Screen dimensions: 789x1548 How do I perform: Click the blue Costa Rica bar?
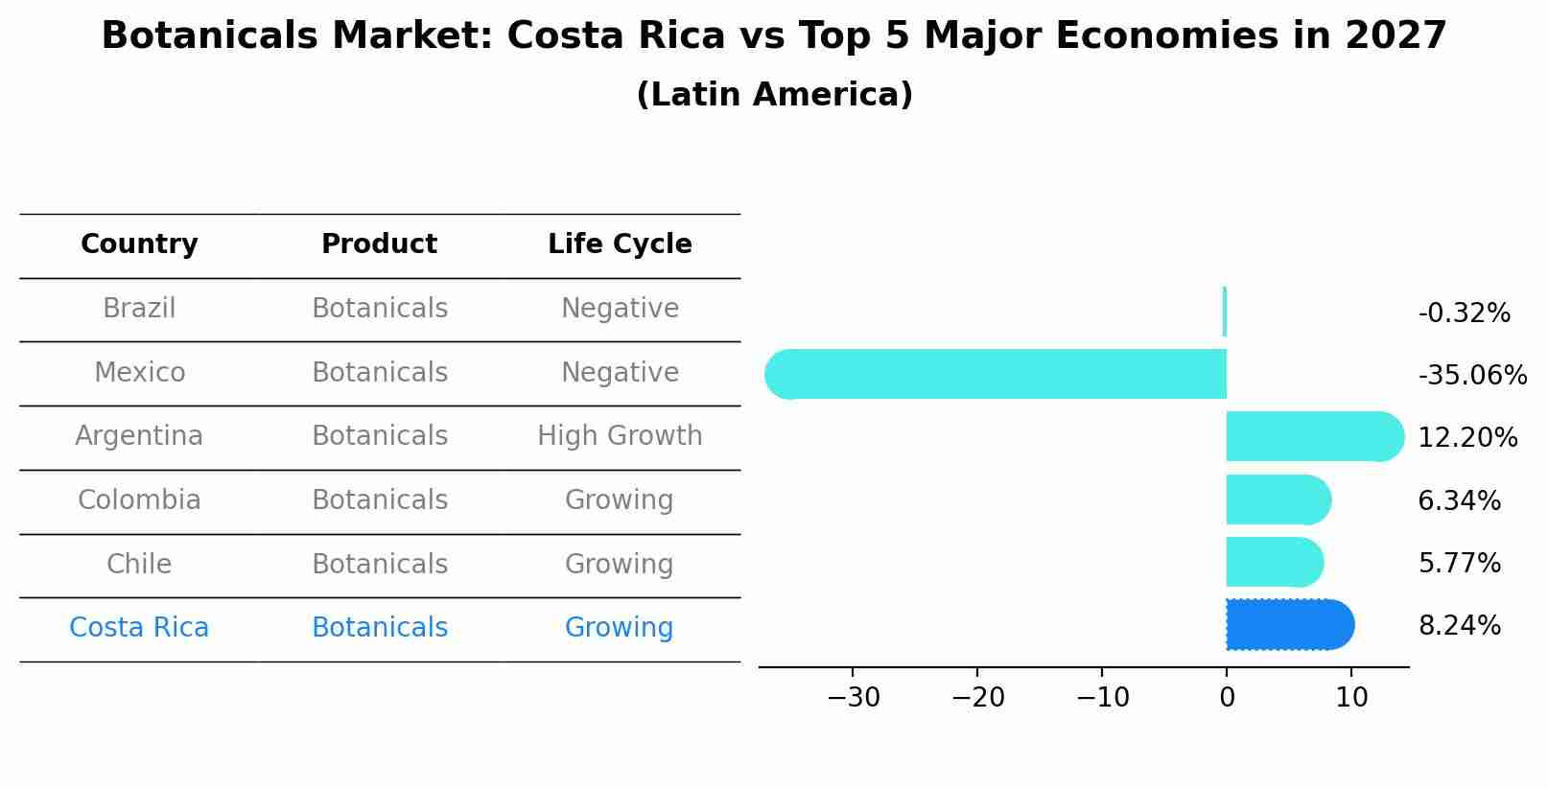tap(1289, 625)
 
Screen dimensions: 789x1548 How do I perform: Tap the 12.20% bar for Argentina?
tap(1314, 437)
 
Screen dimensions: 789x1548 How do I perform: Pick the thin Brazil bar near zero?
tap(1225, 312)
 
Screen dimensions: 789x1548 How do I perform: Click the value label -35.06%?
tap(1472, 375)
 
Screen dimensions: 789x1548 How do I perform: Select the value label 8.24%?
tap(1459, 626)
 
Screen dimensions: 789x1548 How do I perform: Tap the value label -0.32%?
tap(1464, 313)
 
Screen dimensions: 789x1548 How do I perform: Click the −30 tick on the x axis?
tap(853, 698)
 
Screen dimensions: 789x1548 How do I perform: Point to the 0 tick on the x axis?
tap(1227, 698)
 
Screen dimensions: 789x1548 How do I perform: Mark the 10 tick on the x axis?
tap(1351, 698)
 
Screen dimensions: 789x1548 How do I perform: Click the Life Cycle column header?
tap(620, 244)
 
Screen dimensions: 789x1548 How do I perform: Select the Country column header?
tap(139, 244)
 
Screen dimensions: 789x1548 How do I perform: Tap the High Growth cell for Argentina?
tap(620, 436)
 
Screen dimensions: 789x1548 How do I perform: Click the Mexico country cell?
tap(139, 372)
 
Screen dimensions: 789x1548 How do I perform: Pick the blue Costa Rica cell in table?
tap(139, 628)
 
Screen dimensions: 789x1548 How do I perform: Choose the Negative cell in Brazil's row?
tap(620, 309)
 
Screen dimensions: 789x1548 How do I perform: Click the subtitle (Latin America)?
tap(774, 95)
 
